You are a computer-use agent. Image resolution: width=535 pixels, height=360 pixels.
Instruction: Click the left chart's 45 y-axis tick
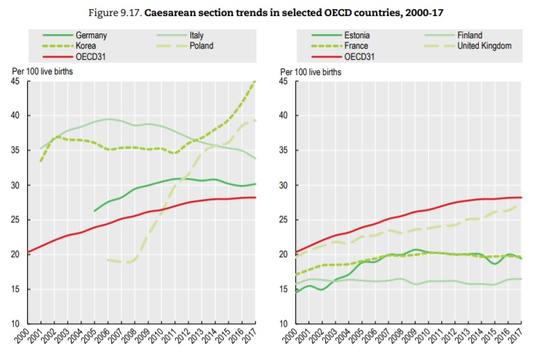pyautogui.click(x=15, y=81)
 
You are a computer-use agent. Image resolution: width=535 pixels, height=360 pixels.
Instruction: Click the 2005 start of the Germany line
pyautogui.click(x=94, y=211)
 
